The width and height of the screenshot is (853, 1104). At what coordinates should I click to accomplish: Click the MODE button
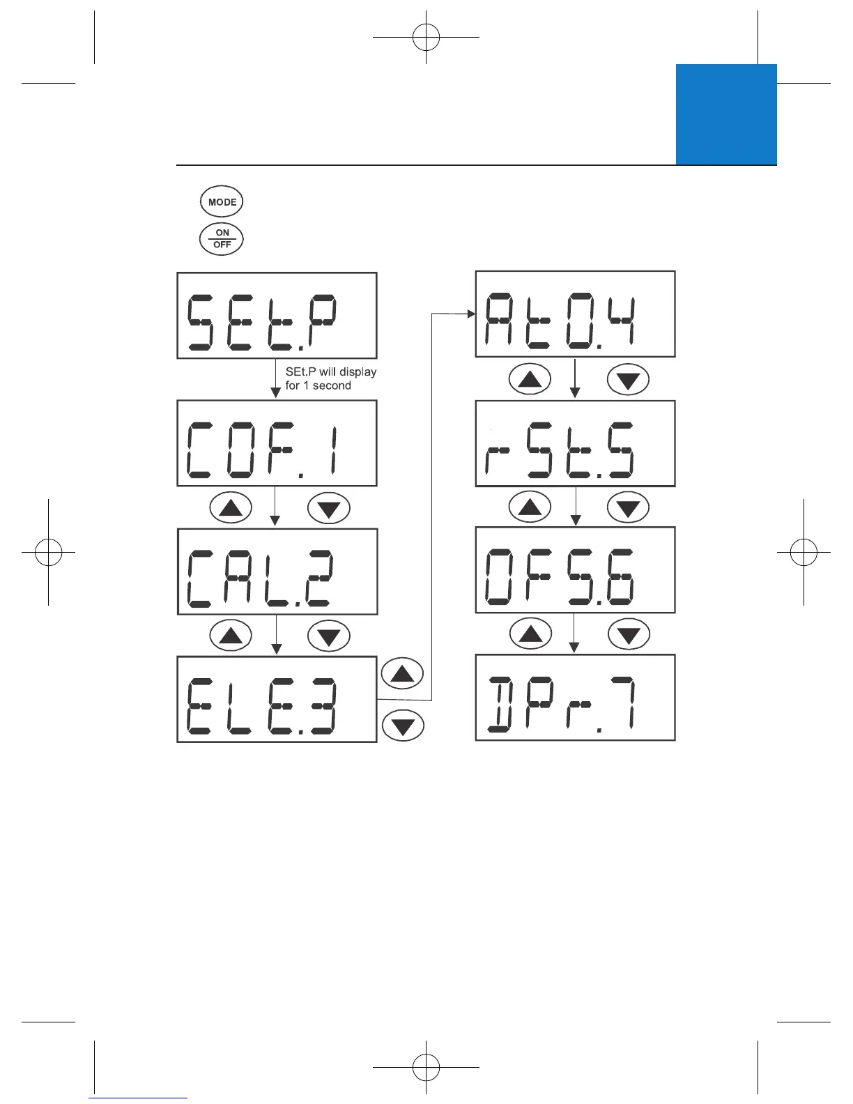tap(222, 202)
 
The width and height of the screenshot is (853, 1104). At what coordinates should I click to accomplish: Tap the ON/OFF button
tap(222, 238)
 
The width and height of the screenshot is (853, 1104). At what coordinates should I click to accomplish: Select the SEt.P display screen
tap(277, 316)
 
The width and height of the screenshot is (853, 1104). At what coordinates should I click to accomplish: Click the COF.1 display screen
tap(277, 443)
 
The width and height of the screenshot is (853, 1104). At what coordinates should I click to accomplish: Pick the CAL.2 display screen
tap(277, 572)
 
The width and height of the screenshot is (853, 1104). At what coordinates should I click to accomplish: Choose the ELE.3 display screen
tap(277, 699)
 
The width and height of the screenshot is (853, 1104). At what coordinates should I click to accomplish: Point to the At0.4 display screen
tap(575, 314)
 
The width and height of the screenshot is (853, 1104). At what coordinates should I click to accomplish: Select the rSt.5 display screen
tap(575, 443)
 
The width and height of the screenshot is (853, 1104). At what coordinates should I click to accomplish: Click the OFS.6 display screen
tap(575, 570)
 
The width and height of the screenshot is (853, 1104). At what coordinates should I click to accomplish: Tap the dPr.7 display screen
tap(575, 698)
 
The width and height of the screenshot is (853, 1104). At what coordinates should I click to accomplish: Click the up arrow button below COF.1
tap(231, 508)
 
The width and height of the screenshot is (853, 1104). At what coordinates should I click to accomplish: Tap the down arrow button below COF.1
tap(328, 508)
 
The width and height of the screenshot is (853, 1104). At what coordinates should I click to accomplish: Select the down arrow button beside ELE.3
tap(403, 726)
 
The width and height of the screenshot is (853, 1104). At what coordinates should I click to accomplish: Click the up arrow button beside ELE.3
tap(403, 673)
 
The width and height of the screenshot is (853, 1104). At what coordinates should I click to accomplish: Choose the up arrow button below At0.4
tap(530, 380)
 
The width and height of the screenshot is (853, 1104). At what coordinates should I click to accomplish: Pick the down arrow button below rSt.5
tap(628, 507)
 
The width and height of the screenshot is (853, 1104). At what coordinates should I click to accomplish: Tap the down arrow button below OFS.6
tap(629, 635)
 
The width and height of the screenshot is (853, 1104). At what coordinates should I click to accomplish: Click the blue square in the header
tap(726, 114)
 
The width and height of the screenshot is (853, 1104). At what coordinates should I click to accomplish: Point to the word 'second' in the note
tap(332, 385)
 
